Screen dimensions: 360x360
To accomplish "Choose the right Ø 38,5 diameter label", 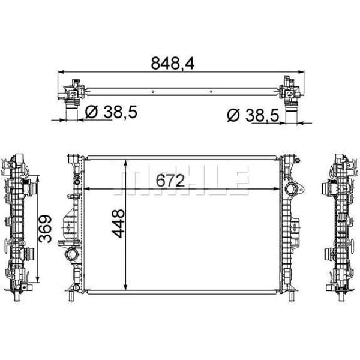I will click(253, 114).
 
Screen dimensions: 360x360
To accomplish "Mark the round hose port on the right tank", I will click(292, 190).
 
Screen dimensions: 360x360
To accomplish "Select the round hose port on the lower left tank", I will click(73, 256).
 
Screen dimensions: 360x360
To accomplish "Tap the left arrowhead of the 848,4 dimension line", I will click(61, 73).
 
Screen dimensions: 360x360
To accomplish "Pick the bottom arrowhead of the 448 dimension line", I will click(124, 287).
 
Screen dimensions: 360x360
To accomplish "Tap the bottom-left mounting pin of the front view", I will click(72, 296).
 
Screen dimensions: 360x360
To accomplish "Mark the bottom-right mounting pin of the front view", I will click(292, 296).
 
